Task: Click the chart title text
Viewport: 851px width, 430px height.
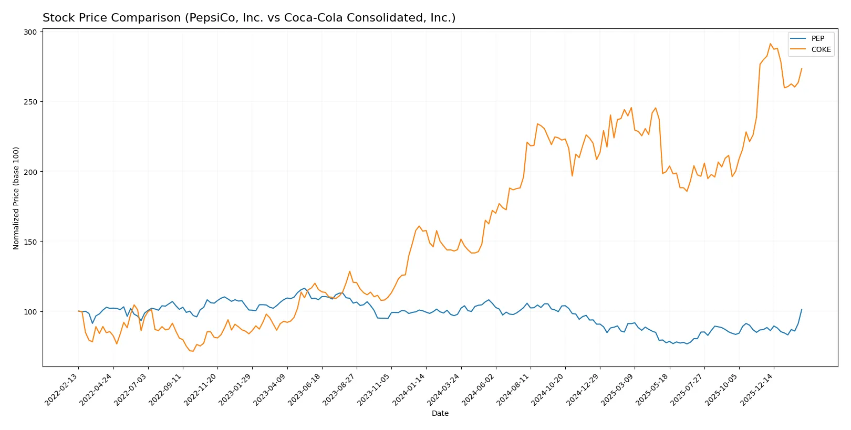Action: click(249, 18)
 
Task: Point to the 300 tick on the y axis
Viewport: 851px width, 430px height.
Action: click(30, 32)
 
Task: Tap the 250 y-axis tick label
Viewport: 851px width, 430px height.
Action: click(30, 102)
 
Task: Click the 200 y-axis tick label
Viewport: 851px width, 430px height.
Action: click(30, 172)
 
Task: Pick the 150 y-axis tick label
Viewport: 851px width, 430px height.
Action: click(30, 242)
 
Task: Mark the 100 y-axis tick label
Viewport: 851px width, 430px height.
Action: click(30, 312)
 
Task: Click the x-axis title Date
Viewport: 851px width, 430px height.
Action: click(440, 413)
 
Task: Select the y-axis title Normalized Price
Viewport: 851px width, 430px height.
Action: click(16, 198)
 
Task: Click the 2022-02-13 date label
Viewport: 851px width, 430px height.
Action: click(63, 390)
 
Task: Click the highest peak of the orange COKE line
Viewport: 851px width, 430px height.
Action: click(770, 44)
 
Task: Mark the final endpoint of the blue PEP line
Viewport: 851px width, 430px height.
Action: click(801, 310)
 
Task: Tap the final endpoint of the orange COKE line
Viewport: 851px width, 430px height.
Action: click(801, 69)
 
